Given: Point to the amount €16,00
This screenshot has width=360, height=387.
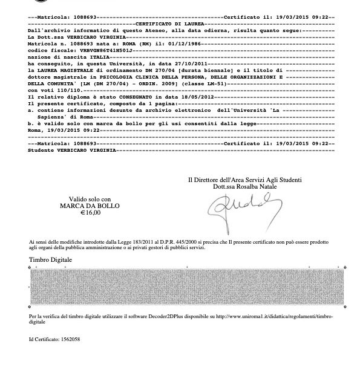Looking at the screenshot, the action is coord(90,212).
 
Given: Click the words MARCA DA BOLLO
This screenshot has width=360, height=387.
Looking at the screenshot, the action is coord(90,206).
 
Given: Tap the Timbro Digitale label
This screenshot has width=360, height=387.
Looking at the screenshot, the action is coord(50,259).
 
